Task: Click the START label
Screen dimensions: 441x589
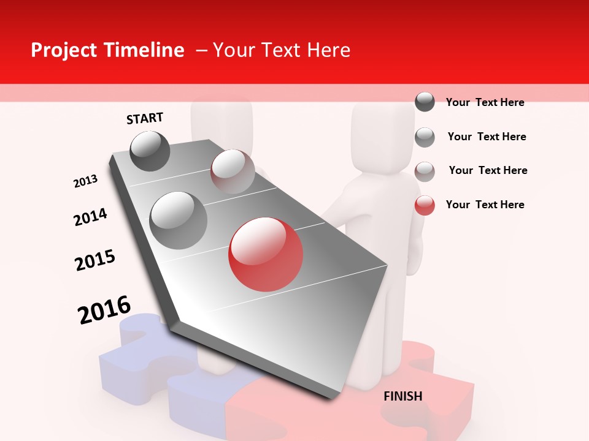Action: click(145, 118)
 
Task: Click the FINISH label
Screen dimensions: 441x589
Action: click(402, 396)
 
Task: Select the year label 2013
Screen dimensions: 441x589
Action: click(85, 181)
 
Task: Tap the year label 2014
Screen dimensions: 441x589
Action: click(90, 217)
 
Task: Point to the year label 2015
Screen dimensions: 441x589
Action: click(95, 260)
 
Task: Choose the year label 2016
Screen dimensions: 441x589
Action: click(104, 310)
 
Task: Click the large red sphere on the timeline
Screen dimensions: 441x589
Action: click(266, 254)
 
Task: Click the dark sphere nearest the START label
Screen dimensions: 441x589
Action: click(150, 151)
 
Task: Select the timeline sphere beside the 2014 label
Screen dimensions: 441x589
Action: click(178, 220)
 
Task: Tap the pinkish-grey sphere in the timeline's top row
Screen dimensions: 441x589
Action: click(233, 171)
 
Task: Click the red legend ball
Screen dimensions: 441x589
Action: click(425, 205)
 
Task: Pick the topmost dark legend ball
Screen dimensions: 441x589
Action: click(425, 102)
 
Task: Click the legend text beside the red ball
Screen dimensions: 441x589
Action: click(485, 205)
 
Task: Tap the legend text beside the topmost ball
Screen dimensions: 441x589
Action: click(485, 102)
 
